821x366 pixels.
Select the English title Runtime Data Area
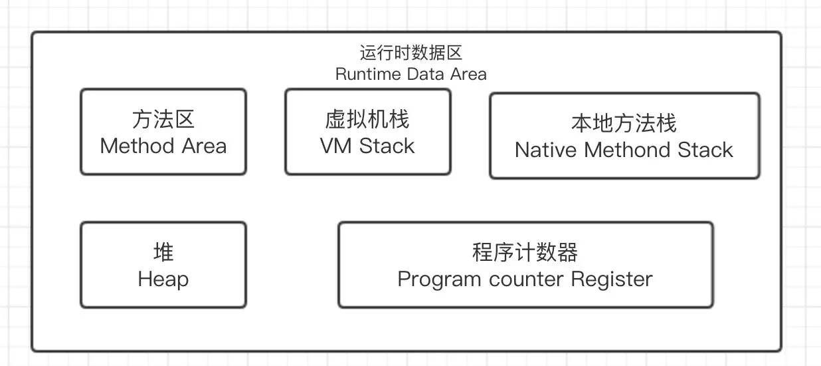[410, 74]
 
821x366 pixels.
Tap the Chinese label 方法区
[163, 120]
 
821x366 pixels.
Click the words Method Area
[163, 146]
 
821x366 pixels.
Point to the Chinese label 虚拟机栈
[367, 120]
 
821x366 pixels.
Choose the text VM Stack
[367, 146]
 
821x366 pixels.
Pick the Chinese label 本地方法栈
[624, 124]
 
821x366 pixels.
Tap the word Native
[546, 150]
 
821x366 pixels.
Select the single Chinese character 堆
[163, 253]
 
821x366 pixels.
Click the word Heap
[163, 279]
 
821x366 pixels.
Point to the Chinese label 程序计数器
[525, 253]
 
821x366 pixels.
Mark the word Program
[439, 279]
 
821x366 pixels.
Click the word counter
[527, 279]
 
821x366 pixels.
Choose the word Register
[612, 279]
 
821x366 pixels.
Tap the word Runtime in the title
[368, 74]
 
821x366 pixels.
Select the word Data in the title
[426, 74]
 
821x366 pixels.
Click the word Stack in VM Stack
[387, 146]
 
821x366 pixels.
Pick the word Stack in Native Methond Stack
[705, 150]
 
